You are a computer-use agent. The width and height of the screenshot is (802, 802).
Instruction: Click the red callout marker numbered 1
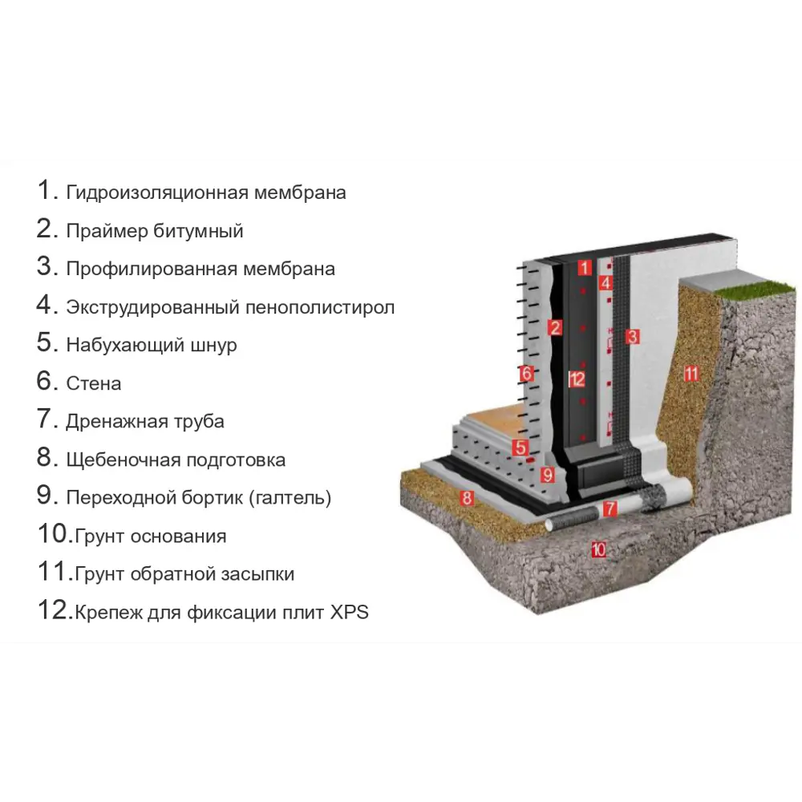pos(585,268)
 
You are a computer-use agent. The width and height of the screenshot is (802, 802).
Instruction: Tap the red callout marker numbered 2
pos(554,326)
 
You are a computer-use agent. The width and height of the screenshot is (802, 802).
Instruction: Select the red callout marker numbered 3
pos(632,336)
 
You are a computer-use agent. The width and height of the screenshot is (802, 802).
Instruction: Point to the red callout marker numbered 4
pos(606,283)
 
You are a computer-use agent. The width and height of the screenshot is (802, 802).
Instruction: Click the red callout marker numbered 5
pos(520,448)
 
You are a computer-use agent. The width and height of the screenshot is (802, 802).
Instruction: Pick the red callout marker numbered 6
pos(526,373)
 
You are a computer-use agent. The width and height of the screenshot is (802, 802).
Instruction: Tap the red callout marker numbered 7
pos(610,508)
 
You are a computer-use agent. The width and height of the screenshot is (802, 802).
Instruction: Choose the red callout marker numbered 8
pos(467,498)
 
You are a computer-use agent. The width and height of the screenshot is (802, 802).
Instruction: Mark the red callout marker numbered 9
pos(548,474)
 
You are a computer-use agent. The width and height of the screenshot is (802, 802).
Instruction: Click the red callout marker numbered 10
pos(597,549)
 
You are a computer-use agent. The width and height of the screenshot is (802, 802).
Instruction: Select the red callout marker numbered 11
pos(691,373)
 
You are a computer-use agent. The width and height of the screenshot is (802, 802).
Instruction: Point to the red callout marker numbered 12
pos(577,379)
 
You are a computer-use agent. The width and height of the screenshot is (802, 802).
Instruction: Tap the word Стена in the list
pos(94,383)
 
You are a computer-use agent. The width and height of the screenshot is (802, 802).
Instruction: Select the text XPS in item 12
pos(349,614)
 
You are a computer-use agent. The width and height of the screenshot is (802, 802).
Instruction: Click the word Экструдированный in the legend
pos(151,307)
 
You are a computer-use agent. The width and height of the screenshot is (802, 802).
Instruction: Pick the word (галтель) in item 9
pos(290,498)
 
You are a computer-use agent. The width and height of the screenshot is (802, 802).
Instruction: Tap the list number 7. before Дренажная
pos(48,419)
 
